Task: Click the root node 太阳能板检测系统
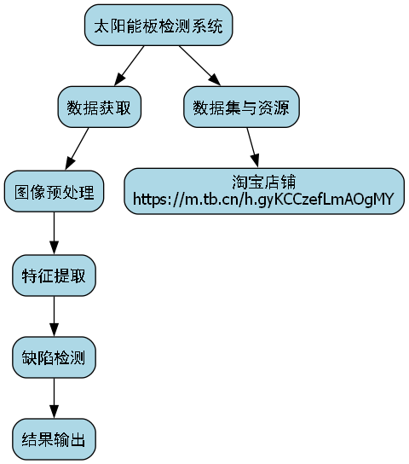pos(158,26)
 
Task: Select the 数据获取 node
pos(99,108)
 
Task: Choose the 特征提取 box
pos(55,275)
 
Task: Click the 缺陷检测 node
pos(55,357)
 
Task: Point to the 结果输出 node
pos(55,440)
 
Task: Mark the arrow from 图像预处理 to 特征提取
pos(55,233)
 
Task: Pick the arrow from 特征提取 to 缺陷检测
pos(55,316)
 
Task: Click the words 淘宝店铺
pos(263,183)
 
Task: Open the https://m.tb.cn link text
pos(263,200)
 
